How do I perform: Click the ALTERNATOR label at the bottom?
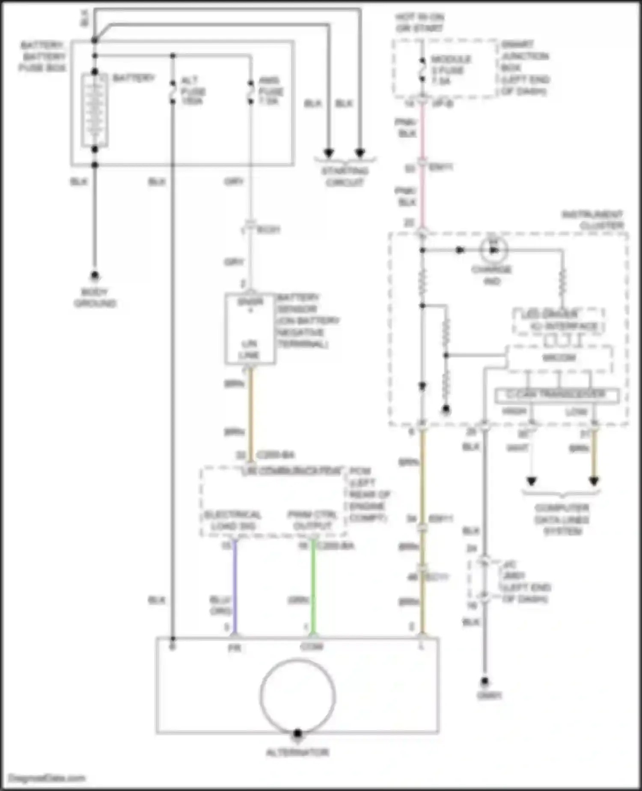pyautogui.click(x=297, y=752)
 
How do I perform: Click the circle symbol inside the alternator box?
pyautogui.click(x=297, y=696)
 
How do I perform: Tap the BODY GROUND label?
pyautogui.click(x=95, y=298)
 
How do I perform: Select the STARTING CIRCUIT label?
pyautogui.click(x=345, y=177)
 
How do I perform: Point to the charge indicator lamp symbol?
pyautogui.click(x=493, y=249)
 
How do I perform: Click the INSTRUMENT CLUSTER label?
pyautogui.click(x=593, y=219)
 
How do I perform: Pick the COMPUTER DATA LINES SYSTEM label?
pyautogui.click(x=562, y=519)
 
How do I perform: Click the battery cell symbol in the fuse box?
pyautogui.click(x=95, y=111)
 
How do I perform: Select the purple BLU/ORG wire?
pyautogui.click(x=234, y=587)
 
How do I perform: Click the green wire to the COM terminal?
pyautogui.click(x=313, y=587)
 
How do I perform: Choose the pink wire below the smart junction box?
pyautogui.click(x=422, y=133)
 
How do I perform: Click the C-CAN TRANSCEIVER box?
pyautogui.click(x=556, y=395)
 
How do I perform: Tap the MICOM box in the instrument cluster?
pyautogui.click(x=559, y=358)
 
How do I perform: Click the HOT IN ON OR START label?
pyautogui.click(x=419, y=22)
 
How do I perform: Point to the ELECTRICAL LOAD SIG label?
pyautogui.click(x=232, y=520)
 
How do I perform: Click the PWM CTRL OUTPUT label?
pyautogui.click(x=312, y=520)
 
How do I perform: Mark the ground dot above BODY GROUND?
pyautogui.click(x=95, y=275)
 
